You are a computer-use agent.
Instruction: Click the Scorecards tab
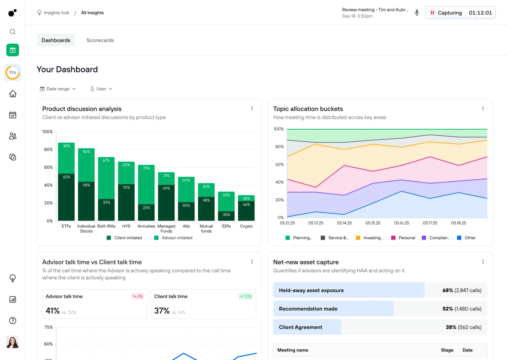(100, 41)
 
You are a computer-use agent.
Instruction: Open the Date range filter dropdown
(58, 89)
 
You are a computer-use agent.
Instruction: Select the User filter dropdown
(101, 89)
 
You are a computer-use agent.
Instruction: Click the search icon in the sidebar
(13, 32)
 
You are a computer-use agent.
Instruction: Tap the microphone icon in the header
(417, 13)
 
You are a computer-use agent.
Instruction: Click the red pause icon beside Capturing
(432, 13)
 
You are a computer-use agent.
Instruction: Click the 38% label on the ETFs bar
(66, 146)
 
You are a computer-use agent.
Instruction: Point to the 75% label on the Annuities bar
(146, 168)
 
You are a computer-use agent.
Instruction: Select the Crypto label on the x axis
(246, 226)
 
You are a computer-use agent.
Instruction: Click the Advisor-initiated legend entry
(177, 238)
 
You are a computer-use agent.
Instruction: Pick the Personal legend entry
(407, 238)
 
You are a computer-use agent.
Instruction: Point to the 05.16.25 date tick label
(401, 223)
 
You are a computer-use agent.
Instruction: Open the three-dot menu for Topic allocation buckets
(483, 108)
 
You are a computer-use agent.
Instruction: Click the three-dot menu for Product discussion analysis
(252, 108)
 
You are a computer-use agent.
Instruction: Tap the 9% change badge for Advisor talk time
(138, 296)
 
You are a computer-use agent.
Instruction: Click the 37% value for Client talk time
(162, 311)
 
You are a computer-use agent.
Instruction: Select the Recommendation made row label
(308, 309)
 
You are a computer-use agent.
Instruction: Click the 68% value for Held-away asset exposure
(447, 290)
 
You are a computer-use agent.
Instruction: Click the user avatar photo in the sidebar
(13, 342)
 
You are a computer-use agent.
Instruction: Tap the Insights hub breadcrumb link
(56, 13)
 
